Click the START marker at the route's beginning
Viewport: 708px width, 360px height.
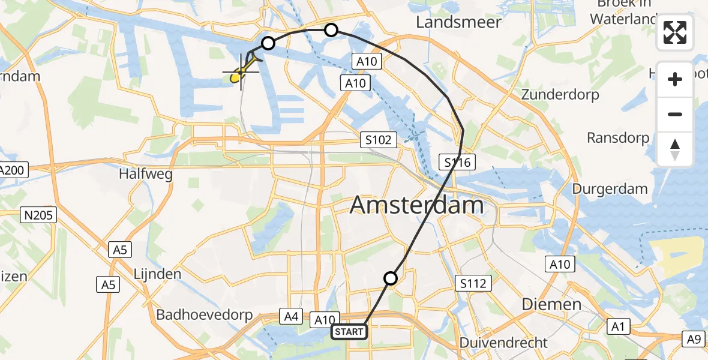pyautogui.click(x=349, y=332)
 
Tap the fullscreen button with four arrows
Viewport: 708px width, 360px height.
pyautogui.click(x=675, y=33)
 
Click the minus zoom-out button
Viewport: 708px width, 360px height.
pyautogui.click(x=675, y=114)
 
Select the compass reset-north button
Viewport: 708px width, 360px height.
pyautogui.click(x=675, y=149)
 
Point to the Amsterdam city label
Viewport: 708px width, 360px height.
pyautogui.click(x=416, y=206)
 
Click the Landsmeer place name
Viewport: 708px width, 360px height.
pyautogui.click(x=458, y=22)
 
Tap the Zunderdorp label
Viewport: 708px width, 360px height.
pyautogui.click(x=560, y=95)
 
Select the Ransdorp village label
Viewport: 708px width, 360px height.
pyautogui.click(x=617, y=138)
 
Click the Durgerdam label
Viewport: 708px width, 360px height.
pyautogui.click(x=610, y=189)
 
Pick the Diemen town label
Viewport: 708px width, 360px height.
pyautogui.click(x=551, y=304)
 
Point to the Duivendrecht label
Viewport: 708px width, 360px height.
pyautogui.click(x=503, y=343)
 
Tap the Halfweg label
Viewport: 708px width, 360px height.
pyautogui.click(x=146, y=175)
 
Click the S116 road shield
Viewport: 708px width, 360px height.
pyautogui.click(x=458, y=161)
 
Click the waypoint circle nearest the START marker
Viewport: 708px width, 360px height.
pyautogui.click(x=391, y=278)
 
